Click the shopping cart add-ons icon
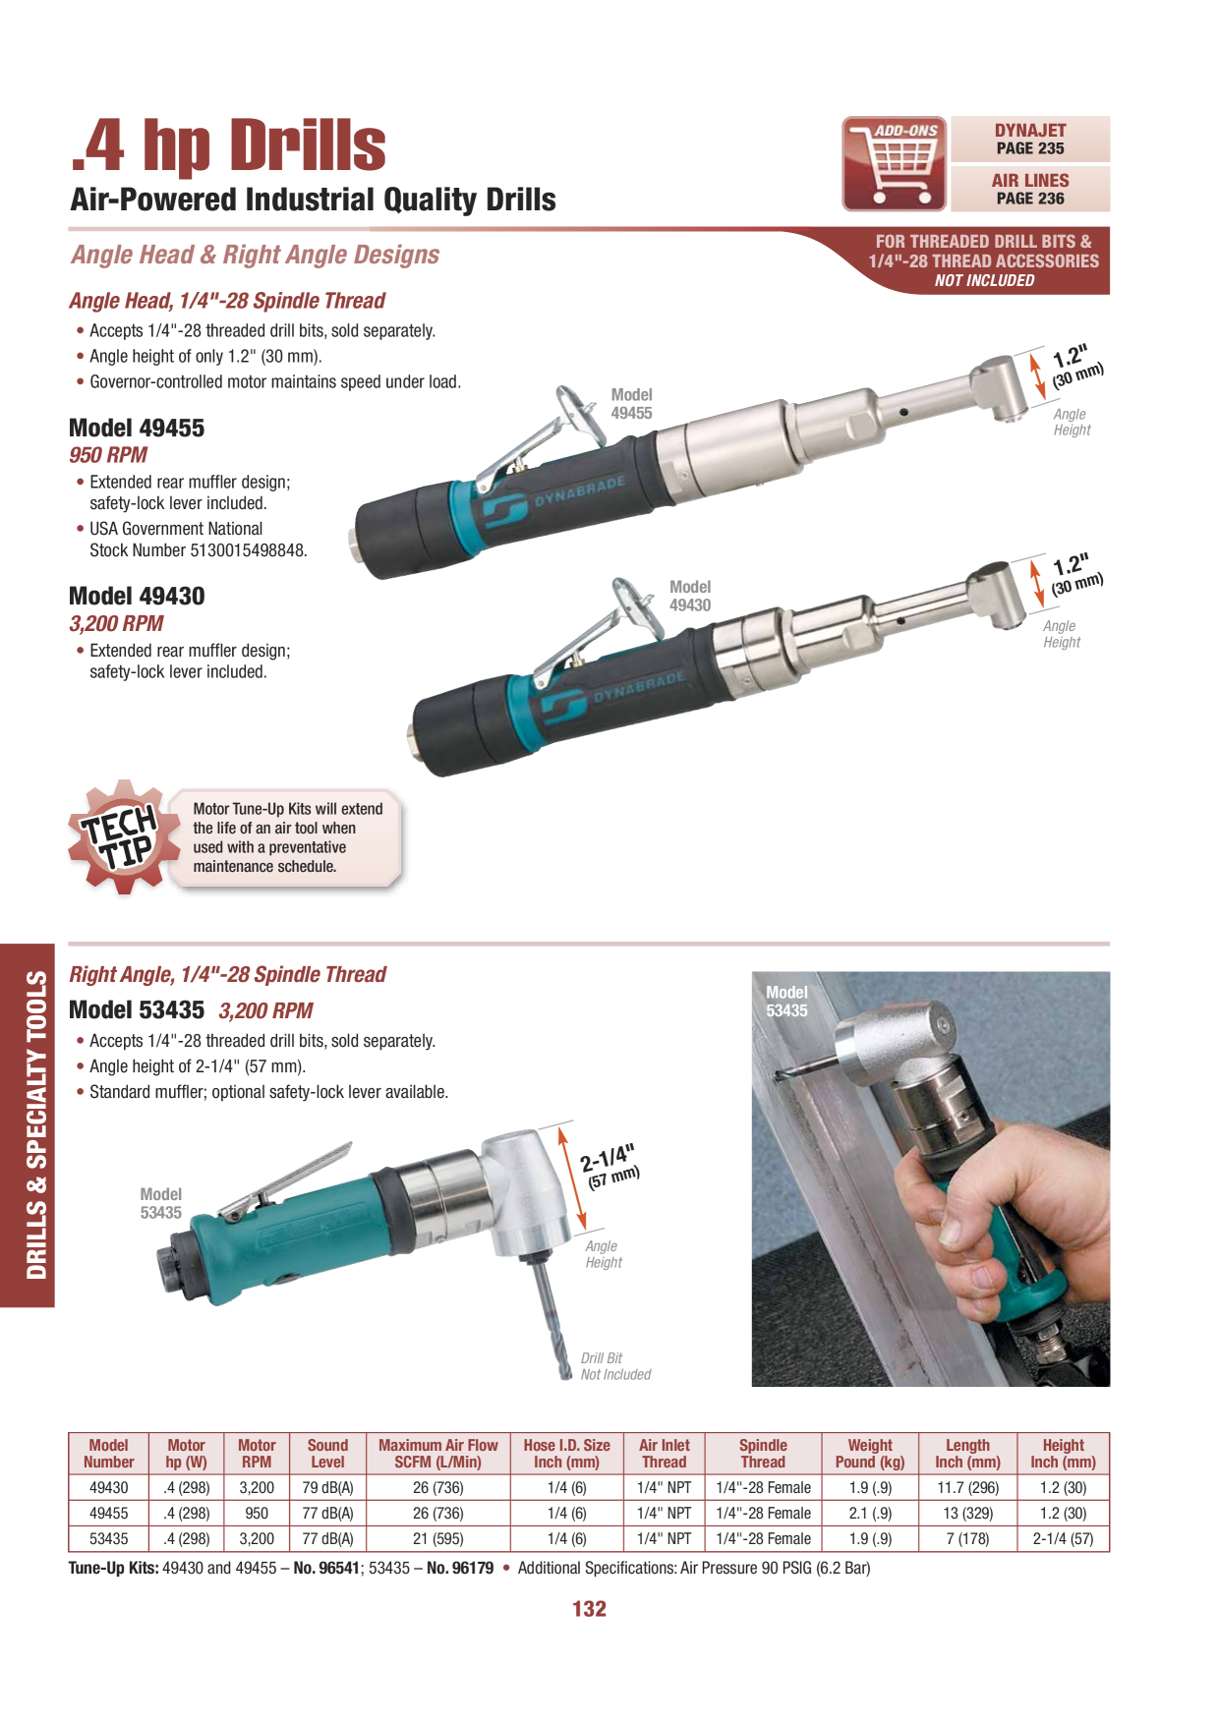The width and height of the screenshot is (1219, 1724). point(895,164)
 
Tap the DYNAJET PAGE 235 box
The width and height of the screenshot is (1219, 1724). point(1030,140)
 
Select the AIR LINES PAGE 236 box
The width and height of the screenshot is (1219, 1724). point(1030,189)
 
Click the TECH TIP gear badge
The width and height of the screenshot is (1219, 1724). point(121,837)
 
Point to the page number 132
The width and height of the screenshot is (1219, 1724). point(590,1609)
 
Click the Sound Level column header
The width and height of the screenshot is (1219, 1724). point(327,1454)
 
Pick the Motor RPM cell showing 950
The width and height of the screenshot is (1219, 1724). point(257,1514)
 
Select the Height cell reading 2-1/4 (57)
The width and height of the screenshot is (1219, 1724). point(1063,1539)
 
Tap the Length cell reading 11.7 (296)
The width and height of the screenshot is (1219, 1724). point(967,1488)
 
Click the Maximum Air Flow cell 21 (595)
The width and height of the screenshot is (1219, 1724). point(438,1539)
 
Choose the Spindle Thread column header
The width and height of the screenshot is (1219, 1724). point(763,1454)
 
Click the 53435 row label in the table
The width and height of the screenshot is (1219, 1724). point(108,1539)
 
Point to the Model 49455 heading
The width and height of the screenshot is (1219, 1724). point(137,429)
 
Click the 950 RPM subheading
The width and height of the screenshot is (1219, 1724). point(108,455)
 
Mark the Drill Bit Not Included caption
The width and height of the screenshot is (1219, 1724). point(615,1366)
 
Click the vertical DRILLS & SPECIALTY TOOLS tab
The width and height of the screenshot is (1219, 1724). point(36,1125)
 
